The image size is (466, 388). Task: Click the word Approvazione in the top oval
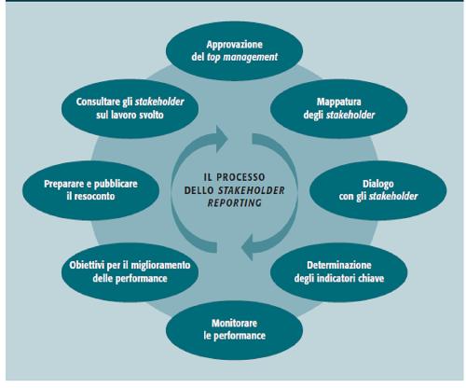pyautogui.click(x=235, y=45)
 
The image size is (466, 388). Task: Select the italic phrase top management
pyautogui.click(x=242, y=57)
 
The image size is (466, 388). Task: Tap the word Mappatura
pyautogui.click(x=339, y=103)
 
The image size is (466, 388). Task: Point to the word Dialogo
pyautogui.click(x=378, y=184)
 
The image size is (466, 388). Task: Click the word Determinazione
pyautogui.click(x=339, y=265)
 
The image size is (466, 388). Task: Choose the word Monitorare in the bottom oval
pyautogui.click(x=234, y=323)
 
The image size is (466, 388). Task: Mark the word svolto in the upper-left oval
pyautogui.click(x=151, y=115)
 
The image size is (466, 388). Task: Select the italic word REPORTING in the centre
pyautogui.click(x=235, y=203)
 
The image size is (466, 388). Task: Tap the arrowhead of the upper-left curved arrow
pyautogui.click(x=222, y=139)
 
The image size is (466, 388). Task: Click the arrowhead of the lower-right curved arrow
pyautogui.click(x=247, y=247)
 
